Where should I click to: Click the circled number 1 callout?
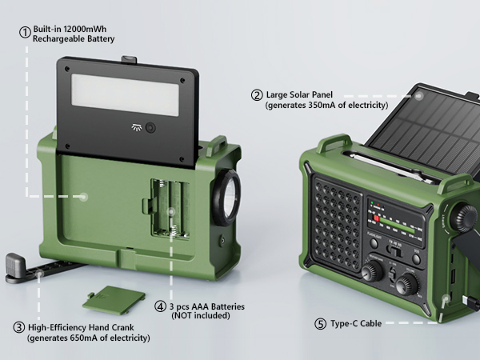[x=25, y=32]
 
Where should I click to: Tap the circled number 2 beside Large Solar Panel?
[x=257, y=95]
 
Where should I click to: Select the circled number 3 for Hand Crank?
[x=19, y=327]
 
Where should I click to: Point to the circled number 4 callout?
[x=160, y=306]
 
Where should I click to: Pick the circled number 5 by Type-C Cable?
[x=321, y=323]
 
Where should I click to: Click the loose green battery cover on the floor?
[x=114, y=300]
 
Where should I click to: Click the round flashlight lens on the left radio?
[x=227, y=197]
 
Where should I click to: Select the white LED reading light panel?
[x=126, y=95]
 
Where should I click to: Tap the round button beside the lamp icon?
[x=150, y=128]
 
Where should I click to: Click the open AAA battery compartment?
[x=170, y=208]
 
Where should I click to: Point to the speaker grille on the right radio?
[x=337, y=225]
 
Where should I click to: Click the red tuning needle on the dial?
[x=377, y=218]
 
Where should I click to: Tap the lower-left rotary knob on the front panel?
[x=373, y=271]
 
